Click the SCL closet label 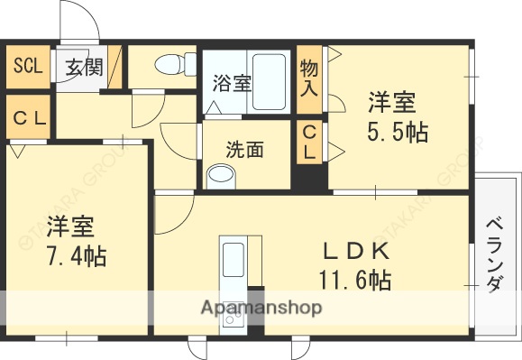tap(27, 66)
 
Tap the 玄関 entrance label tap(84, 66)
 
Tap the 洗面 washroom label tap(244, 149)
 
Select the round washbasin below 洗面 tap(221, 176)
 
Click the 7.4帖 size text tap(76, 256)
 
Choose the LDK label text tap(357, 249)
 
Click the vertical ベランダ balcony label tap(495, 255)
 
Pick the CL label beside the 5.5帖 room tap(309, 143)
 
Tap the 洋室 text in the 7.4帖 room tap(71, 225)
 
